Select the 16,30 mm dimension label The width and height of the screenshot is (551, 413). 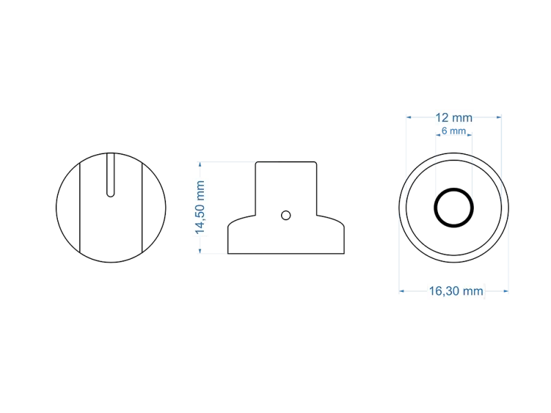point(456,291)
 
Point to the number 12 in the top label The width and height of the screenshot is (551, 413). point(442,118)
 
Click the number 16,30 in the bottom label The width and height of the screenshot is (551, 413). point(444,291)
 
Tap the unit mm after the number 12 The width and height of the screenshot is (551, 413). point(463,118)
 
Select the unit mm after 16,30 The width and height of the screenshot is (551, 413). point(474,291)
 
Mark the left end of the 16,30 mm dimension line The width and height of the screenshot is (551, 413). point(401,291)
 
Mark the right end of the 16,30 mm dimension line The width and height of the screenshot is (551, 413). point(508,291)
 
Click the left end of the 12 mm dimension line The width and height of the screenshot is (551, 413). point(407,118)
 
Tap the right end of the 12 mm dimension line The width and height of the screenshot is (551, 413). point(501,118)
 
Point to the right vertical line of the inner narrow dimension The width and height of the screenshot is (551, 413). point(472,165)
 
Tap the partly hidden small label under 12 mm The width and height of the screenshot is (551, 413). point(455,131)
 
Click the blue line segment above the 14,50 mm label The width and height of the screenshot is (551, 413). point(200,169)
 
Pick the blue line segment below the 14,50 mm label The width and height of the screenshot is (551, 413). point(200,246)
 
